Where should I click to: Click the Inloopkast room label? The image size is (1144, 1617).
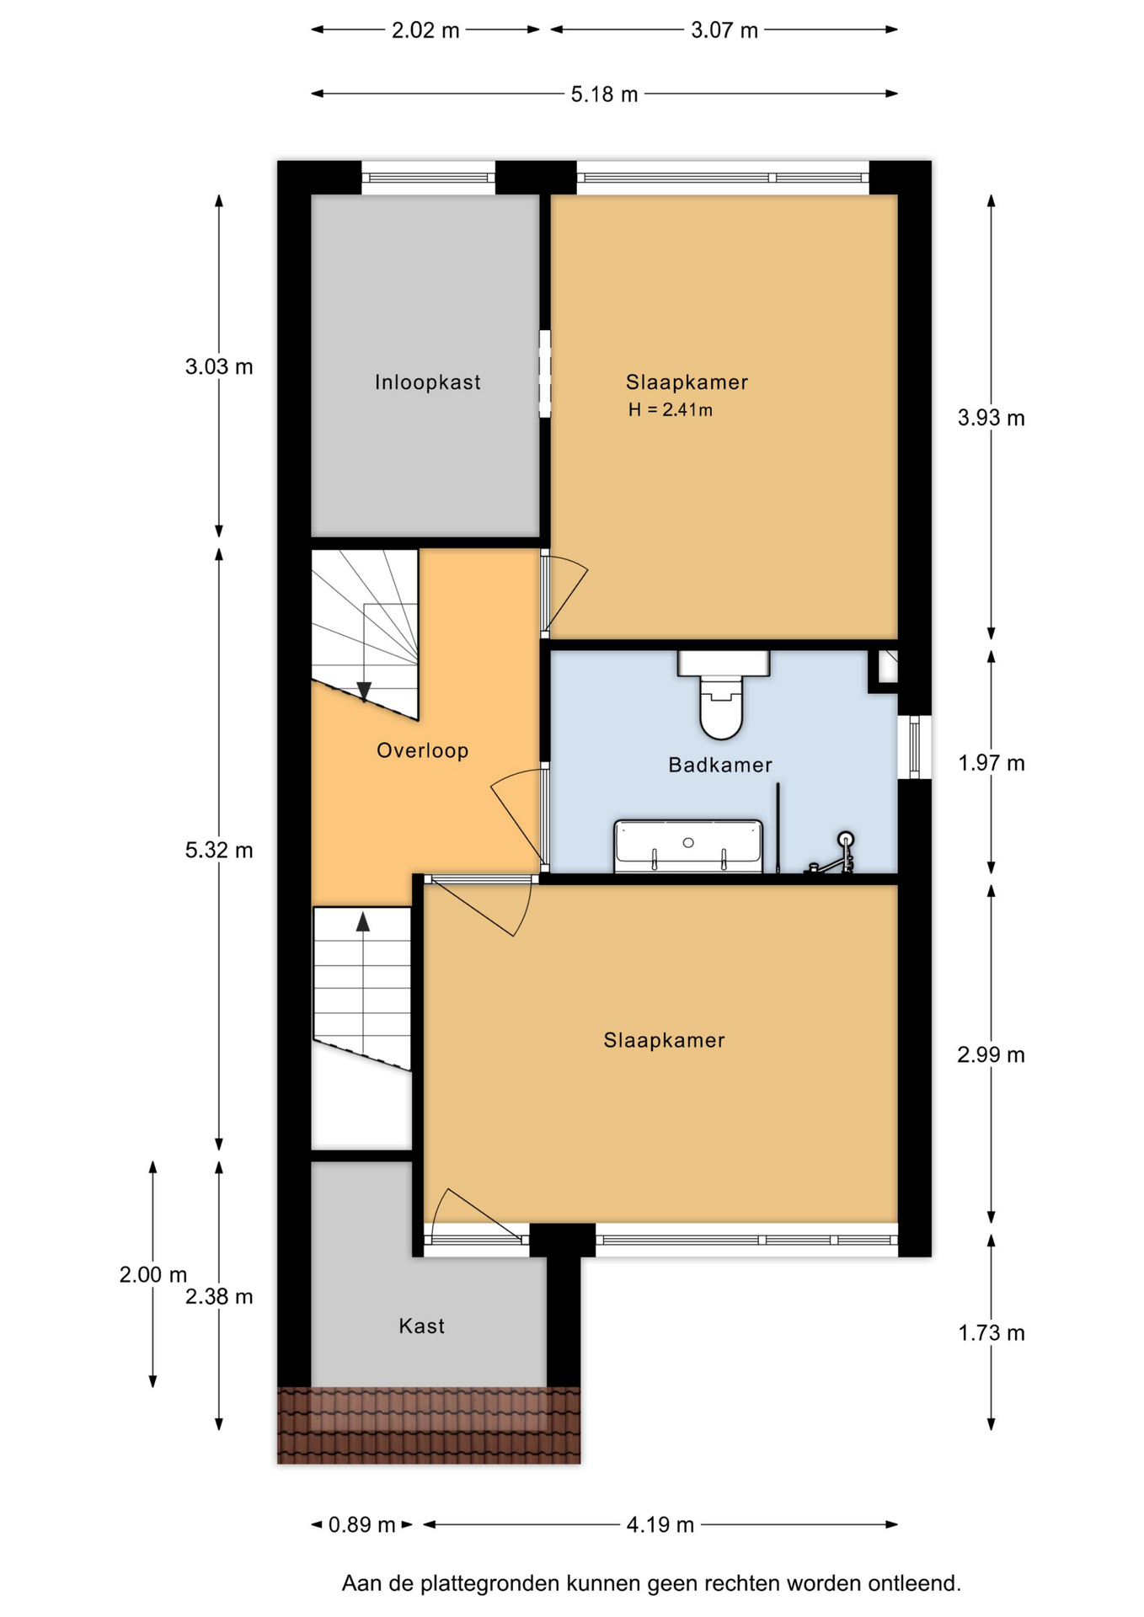(x=427, y=382)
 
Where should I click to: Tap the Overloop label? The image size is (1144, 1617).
(x=422, y=750)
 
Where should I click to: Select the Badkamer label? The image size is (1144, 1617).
(x=719, y=765)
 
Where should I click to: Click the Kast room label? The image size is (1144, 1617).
(x=421, y=1326)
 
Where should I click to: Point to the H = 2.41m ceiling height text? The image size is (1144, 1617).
(x=670, y=410)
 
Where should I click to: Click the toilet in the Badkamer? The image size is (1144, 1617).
(x=723, y=695)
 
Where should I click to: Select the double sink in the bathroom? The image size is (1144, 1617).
(x=688, y=846)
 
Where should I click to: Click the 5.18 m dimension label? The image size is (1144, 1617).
(x=604, y=94)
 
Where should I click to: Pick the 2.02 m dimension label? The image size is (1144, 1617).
(x=425, y=30)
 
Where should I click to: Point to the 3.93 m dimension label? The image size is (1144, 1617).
(x=991, y=418)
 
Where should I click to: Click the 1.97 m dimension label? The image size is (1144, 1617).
(x=991, y=763)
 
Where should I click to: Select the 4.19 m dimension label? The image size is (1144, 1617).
(x=660, y=1524)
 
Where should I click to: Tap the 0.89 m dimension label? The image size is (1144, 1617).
(x=361, y=1524)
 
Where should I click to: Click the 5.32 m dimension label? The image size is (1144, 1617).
(x=219, y=851)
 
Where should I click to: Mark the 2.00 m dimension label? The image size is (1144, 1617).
(x=152, y=1275)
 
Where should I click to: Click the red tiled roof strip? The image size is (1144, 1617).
(x=429, y=1425)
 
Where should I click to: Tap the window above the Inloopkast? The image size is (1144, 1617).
(x=428, y=178)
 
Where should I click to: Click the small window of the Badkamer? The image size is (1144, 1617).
(x=915, y=747)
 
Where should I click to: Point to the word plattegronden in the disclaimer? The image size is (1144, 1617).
(x=490, y=1584)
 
